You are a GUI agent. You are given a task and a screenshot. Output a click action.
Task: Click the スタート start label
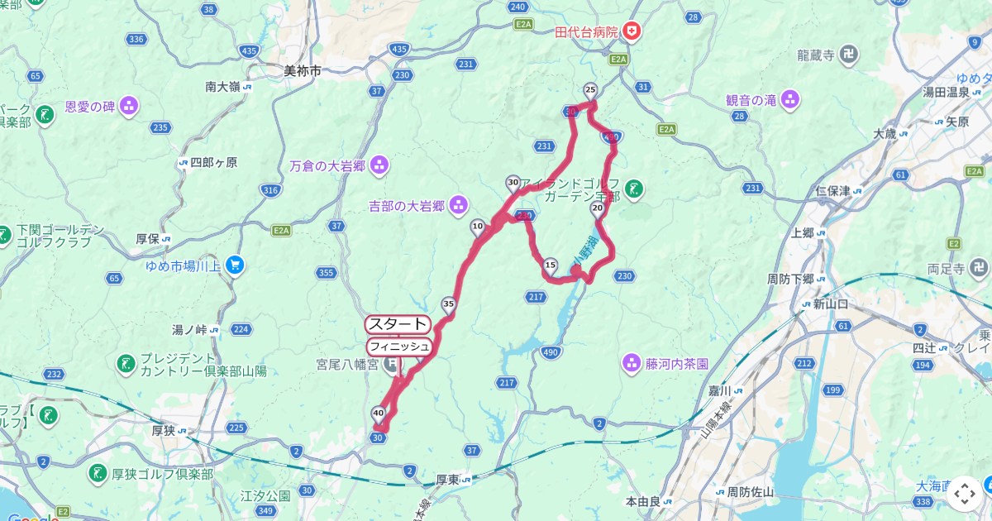point(398,324)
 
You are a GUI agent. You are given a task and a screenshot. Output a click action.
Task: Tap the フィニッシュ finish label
point(398,346)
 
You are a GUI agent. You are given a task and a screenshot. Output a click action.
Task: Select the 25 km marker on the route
point(590,89)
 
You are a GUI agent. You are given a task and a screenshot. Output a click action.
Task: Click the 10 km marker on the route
point(478,227)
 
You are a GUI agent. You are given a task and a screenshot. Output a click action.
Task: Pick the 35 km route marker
point(449,304)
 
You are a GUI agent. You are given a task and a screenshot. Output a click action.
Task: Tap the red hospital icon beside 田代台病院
point(632,32)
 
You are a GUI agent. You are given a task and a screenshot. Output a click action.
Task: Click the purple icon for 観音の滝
point(790,100)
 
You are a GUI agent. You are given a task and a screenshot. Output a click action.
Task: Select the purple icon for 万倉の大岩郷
point(379,165)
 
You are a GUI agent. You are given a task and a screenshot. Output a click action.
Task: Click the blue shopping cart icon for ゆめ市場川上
point(236,265)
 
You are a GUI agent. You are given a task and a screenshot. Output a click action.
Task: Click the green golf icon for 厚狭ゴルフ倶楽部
point(97,474)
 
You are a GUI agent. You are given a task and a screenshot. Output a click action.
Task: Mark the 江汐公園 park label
point(265,496)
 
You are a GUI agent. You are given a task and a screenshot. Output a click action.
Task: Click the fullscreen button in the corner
point(964,494)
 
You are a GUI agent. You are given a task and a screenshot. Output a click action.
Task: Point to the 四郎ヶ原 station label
point(213,163)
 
